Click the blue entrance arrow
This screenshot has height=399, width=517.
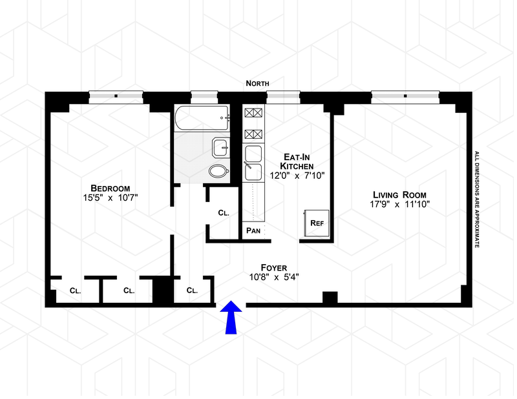[x=232, y=318]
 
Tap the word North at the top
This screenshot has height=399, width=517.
[x=257, y=83]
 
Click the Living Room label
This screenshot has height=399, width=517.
[x=399, y=194]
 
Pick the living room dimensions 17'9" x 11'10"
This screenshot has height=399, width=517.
[x=399, y=205]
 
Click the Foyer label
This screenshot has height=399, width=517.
[x=274, y=267]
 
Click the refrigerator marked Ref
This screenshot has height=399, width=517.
[x=317, y=223]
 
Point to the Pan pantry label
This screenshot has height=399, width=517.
[x=252, y=230]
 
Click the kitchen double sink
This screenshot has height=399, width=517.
[x=253, y=163]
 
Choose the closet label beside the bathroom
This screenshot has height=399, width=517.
[x=224, y=212]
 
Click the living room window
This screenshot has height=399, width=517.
[x=405, y=96]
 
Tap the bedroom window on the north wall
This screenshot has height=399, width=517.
[x=116, y=96]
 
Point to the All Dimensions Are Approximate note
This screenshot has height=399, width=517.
[x=477, y=200]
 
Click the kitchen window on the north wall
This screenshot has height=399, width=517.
[x=283, y=96]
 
